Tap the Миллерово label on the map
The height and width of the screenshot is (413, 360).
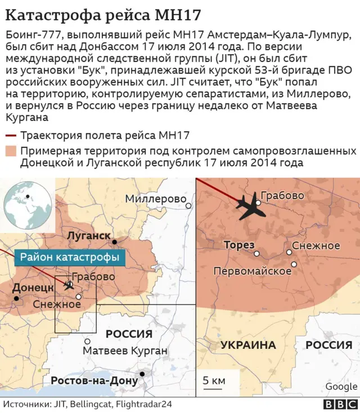point(155,199)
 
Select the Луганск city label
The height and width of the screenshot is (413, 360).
point(88,235)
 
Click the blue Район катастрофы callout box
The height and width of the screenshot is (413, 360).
point(70,258)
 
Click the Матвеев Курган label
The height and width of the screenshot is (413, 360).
point(125,351)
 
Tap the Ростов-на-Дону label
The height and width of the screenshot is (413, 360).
point(94,380)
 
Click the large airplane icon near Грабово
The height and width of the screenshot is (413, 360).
point(251,208)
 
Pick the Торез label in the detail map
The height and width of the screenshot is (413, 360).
point(239,245)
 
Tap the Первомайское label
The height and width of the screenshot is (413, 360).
point(252,271)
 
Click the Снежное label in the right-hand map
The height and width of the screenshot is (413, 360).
point(316,245)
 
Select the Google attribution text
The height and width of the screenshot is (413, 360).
point(341,386)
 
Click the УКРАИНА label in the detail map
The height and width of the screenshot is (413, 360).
point(247,345)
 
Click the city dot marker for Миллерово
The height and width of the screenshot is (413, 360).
point(190,206)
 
